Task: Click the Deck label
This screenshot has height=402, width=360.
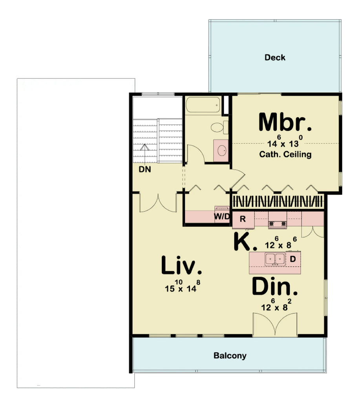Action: coord(275,58)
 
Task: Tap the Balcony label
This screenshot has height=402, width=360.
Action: coord(230,356)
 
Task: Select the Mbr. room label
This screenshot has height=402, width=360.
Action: coord(285,122)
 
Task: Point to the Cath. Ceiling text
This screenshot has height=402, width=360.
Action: coord(285,154)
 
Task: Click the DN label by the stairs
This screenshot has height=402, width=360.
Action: coord(145,170)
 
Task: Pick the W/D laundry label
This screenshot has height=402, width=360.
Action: coord(221,217)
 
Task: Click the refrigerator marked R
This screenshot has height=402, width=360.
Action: coord(243,219)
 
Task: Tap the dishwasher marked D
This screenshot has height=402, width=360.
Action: coord(292,259)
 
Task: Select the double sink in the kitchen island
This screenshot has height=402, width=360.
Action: coord(275,259)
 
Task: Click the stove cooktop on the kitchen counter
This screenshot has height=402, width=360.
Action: coord(278,224)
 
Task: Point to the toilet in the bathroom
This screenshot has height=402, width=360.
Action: coord(218,127)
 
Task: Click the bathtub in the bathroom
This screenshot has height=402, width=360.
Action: coord(203,106)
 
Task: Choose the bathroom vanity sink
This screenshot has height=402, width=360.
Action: coord(222,150)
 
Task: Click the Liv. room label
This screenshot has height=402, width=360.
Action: coord(182,266)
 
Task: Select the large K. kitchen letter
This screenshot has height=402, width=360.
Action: coord(245,242)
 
